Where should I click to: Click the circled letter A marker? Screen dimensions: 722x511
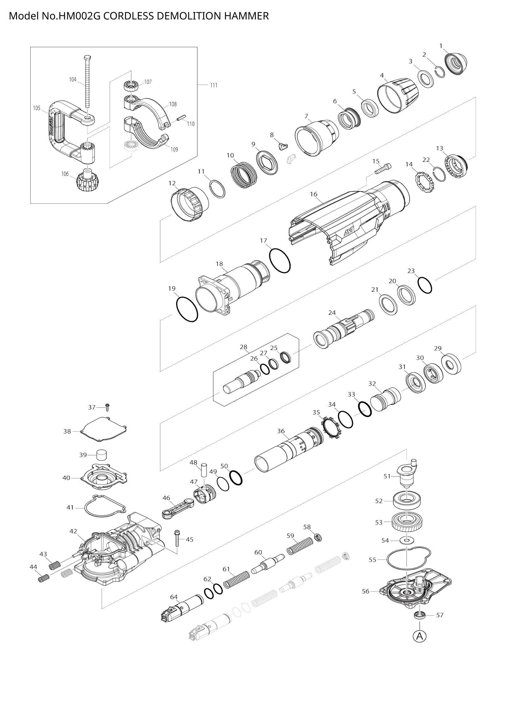click(x=420, y=636)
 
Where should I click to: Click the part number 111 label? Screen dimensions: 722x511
click(x=214, y=85)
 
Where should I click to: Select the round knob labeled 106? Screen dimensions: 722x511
click(x=86, y=181)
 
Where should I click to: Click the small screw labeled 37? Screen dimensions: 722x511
click(x=107, y=407)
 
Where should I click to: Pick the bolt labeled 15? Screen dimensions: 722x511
click(x=383, y=169)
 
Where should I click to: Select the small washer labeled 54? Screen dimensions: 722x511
click(x=407, y=540)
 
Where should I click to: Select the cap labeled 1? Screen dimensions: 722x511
click(x=456, y=64)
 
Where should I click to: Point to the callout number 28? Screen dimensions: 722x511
click(x=243, y=347)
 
